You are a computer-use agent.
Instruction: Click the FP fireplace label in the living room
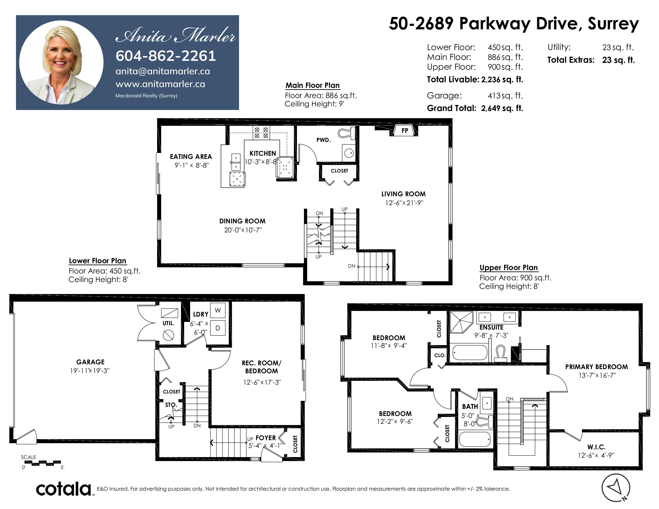(405, 131)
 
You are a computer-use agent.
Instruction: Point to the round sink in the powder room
(349, 153)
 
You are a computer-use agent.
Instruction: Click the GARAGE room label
(90, 362)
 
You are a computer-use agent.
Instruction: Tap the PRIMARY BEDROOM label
(596, 367)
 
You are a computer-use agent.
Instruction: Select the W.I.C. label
(596, 447)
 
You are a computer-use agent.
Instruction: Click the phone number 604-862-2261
(166, 56)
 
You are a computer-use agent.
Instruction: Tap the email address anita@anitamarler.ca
(163, 71)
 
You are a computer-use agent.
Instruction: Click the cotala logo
(64, 489)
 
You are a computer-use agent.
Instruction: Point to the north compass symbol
(616, 488)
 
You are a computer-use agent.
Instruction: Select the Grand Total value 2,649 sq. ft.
(502, 108)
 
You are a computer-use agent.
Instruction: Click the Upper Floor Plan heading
(509, 267)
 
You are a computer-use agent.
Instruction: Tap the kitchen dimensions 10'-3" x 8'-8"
(261, 162)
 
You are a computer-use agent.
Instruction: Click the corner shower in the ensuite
(461, 322)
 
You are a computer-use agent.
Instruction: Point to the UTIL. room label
(168, 323)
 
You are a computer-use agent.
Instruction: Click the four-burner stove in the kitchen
(261, 133)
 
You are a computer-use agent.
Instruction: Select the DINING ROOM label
(242, 221)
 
